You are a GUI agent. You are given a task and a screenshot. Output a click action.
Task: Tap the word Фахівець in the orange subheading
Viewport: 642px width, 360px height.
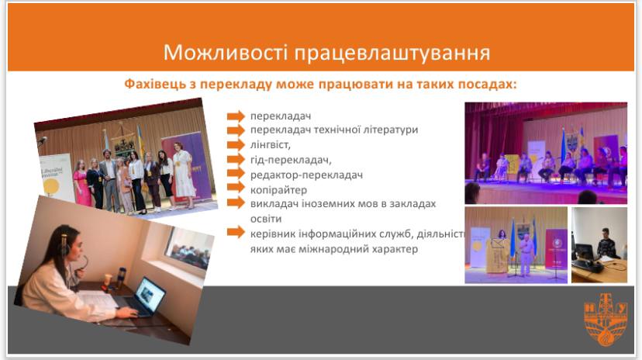click(x=154, y=84)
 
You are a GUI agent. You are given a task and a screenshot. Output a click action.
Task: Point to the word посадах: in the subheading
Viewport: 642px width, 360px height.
click(x=488, y=84)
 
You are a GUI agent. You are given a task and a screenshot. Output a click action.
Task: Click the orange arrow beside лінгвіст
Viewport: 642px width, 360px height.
click(x=236, y=145)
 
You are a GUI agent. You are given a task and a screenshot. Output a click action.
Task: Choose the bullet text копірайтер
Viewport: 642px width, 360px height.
click(x=278, y=189)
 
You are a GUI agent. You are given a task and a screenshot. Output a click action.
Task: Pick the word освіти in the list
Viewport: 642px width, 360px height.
click(x=264, y=218)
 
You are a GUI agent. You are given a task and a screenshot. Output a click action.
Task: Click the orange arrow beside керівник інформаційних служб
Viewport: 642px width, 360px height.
click(x=236, y=234)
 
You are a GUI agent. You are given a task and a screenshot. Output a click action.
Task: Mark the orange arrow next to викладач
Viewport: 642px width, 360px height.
click(x=236, y=204)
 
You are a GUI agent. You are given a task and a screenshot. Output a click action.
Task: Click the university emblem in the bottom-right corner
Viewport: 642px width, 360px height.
click(x=606, y=322)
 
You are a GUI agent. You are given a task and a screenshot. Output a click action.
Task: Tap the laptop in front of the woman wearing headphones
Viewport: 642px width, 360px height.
click(x=147, y=297)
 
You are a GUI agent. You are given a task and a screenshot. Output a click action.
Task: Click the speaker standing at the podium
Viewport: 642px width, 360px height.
click(x=526, y=248)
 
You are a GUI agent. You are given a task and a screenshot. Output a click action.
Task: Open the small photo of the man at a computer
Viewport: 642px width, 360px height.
click(x=599, y=244)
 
